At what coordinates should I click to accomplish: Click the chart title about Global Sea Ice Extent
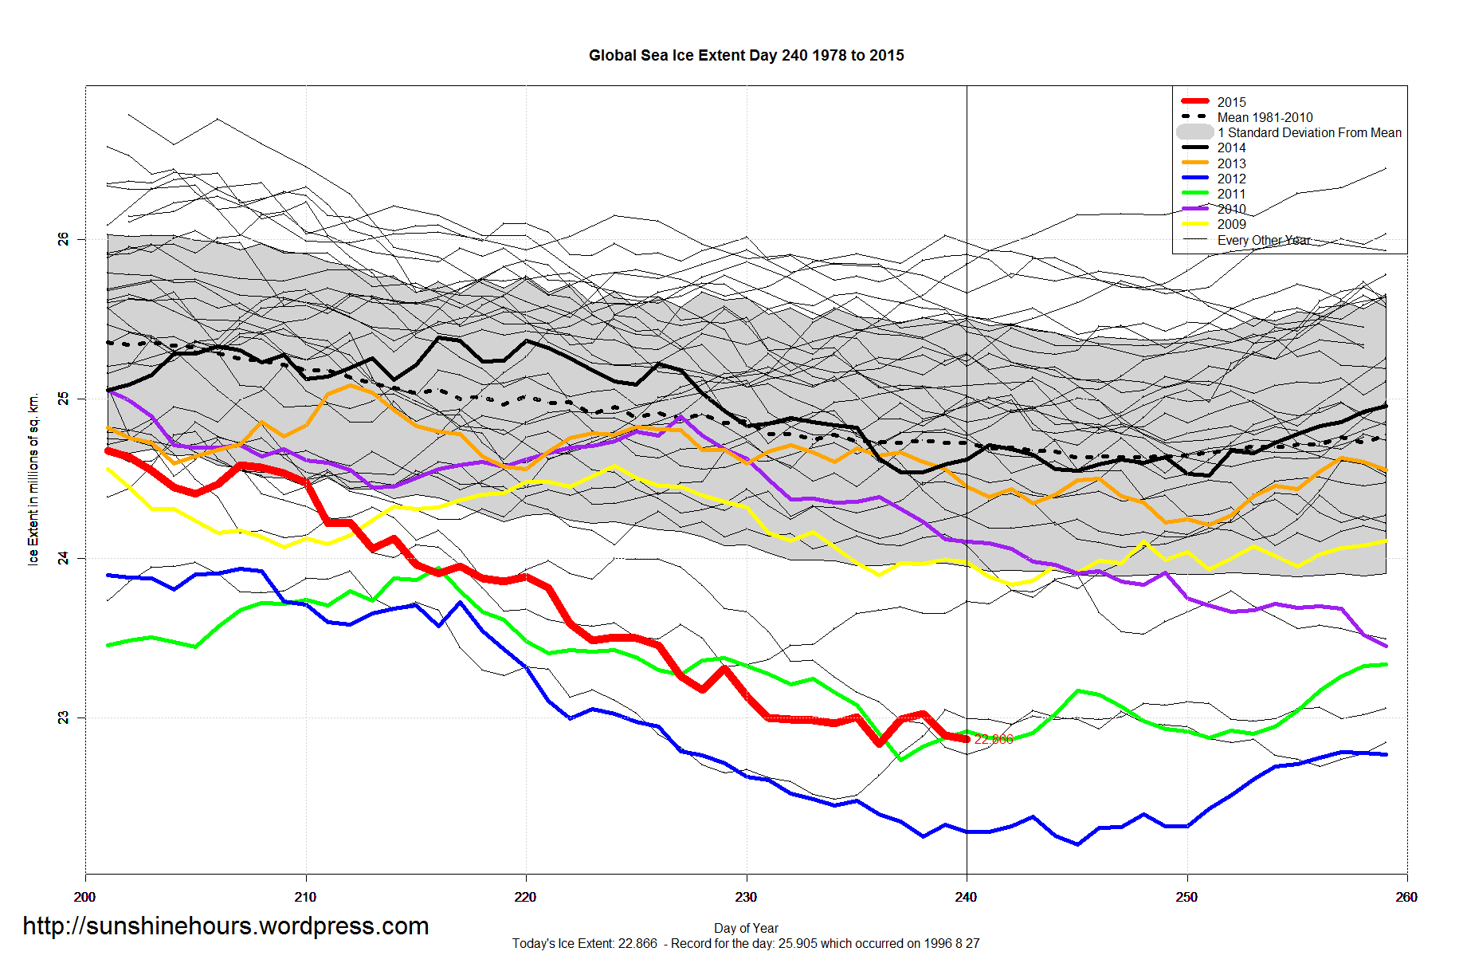click(x=746, y=56)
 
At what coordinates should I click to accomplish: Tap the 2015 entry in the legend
click(x=1231, y=102)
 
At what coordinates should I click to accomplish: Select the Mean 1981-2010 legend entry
click(x=1265, y=117)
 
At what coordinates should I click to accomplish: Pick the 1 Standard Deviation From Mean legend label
click(x=1309, y=132)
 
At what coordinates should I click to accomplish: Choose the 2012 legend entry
click(x=1231, y=179)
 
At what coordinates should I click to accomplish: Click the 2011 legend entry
click(x=1231, y=194)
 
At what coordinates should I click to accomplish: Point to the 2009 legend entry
click(x=1231, y=224)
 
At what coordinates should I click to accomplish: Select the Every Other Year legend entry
click(x=1264, y=240)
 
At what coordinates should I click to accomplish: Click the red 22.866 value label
click(x=994, y=739)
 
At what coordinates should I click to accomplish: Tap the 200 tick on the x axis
click(x=85, y=897)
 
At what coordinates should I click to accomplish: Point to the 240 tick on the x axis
click(x=966, y=897)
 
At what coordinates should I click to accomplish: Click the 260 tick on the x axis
click(x=1406, y=897)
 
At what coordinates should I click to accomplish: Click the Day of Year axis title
click(x=746, y=928)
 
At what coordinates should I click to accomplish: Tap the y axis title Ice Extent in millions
click(x=33, y=479)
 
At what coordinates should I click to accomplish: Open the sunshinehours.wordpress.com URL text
click(x=226, y=926)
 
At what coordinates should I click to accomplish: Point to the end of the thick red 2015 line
click(x=967, y=739)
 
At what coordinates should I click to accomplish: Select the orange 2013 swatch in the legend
click(x=1194, y=163)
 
